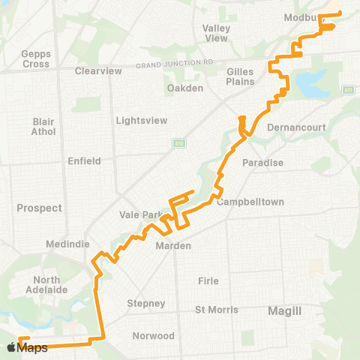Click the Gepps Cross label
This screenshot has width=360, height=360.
[x=35, y=59]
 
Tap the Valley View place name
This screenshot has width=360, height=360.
[x=216, y=33]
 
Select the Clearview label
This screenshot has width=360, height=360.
[x=98, y=71]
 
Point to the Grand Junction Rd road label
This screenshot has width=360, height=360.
[x=175, y=65]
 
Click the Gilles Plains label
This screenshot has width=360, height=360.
[x=240, y=76]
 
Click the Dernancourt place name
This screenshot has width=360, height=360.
[x=296, y=127]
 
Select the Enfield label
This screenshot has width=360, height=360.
[x=84, y=160]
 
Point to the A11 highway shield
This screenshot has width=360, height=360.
[x=347, y=90]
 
